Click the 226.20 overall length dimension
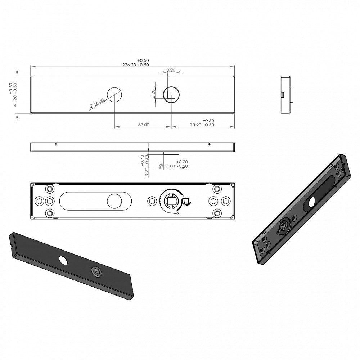click(x=129, y=65)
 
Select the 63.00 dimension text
click(x=144, y=125)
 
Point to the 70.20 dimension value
click(x=195, y=125)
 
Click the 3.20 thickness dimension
click(x=147, y=172)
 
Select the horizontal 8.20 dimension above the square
click(x=171, y=70)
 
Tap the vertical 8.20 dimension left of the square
click(x=153, y=94)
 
